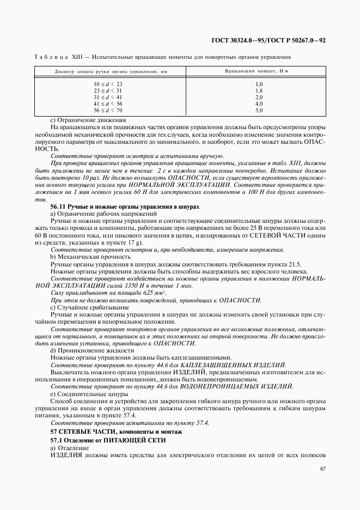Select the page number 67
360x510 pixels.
[322, 469]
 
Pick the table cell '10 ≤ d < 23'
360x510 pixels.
[108, 84]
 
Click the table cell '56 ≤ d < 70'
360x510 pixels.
[108, 110]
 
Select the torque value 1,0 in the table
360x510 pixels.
[259, 84]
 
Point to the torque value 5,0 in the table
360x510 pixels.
[259, 110]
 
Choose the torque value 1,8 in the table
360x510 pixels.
[259, 90]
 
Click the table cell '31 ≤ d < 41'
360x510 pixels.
[108, 97]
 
